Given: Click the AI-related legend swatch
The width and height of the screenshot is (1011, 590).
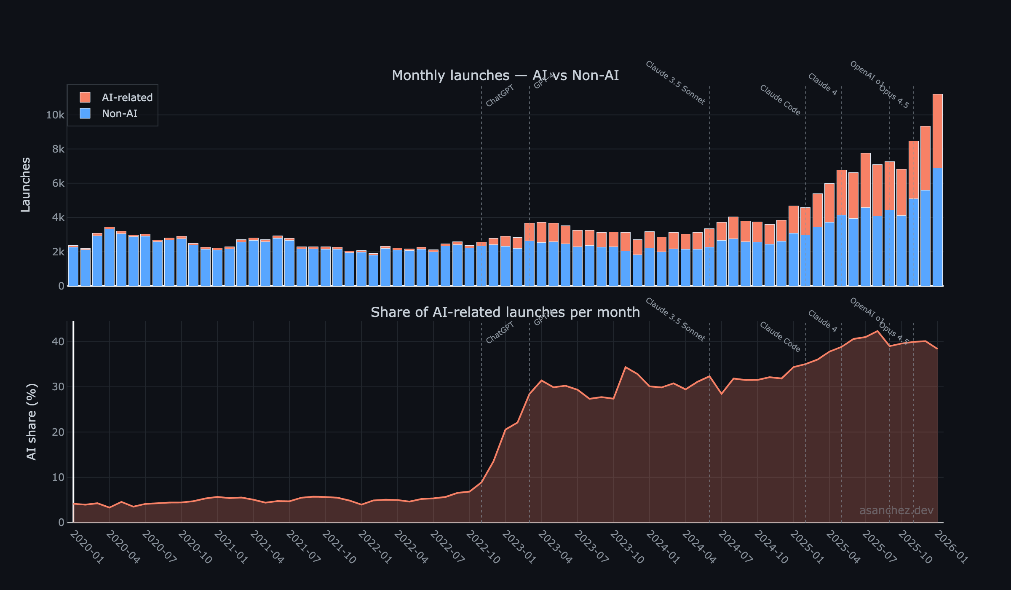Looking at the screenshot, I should pyautogui.click(x=85, y=97).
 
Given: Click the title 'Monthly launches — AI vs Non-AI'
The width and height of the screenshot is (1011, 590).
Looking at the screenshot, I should pyautogui.click(x=505, y=75).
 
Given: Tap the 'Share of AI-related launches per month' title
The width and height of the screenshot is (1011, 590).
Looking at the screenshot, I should pyautogui.click(x=505, y=312).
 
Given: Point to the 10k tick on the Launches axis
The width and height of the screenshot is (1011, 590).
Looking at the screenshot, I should pyautogui.click(x=55, y=115).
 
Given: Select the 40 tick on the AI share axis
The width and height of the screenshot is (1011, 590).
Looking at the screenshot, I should pyautogui.click(x=58, y=342).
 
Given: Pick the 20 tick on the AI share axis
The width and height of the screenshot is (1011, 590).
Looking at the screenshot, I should pyautogui.click(x=58, y=432).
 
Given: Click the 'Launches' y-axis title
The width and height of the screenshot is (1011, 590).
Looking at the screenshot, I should pyautogui.click(x=26, y=185).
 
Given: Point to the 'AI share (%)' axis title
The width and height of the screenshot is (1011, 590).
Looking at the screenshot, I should pyautogui.click(x=32, y=421).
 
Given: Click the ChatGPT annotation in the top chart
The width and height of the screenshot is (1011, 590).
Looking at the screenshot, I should pyautogui.click(x=500, y=96).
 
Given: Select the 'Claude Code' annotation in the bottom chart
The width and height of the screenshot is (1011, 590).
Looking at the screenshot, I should pyautogui.click(x=780, y=337).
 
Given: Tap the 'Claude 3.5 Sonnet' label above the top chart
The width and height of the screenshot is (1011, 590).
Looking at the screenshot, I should pyautogui.click(x=675, y=83).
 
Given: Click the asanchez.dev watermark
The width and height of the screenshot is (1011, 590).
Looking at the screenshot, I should pyautogui.click(x=896, y=510).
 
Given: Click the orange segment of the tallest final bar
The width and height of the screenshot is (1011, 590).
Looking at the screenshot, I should pyautogui.click(x=937, y=131).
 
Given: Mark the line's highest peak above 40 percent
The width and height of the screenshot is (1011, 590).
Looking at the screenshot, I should pyautogui.click(x=878, y=331).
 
